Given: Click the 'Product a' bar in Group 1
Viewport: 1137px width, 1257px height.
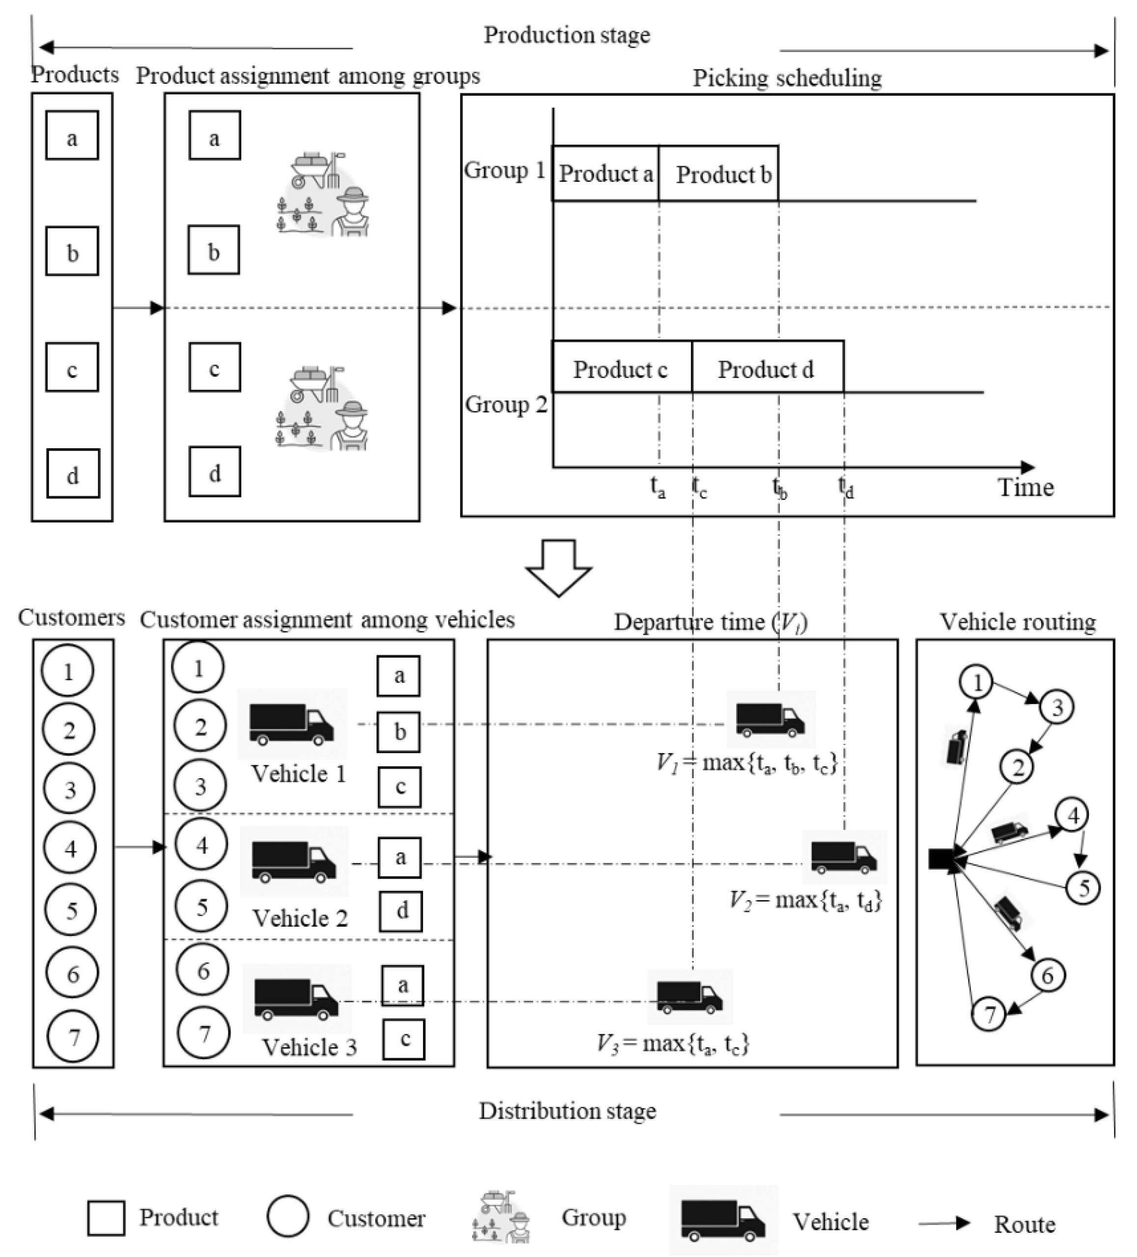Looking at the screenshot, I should click(605, 174).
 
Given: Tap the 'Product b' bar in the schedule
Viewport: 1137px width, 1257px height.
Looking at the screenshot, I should click(718, 174).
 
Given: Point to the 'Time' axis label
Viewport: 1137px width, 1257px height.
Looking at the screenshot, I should click(1025, 487).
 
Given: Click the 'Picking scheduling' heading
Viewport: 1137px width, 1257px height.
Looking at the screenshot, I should click(787, 78).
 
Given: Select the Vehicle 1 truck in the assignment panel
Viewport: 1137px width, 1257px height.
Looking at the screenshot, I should click(291, 725).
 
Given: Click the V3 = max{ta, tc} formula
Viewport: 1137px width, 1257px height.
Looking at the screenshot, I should click(673, 1043).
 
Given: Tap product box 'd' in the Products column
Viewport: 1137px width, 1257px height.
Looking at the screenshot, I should click(73, 474).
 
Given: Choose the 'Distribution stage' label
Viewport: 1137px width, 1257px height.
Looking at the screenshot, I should click(567, 1111).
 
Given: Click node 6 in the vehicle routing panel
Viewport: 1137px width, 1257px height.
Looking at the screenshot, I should click(1047, 975).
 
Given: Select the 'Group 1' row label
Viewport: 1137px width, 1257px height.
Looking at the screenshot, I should click(504, 170).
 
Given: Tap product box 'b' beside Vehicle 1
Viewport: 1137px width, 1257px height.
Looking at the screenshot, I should click(399, 731).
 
